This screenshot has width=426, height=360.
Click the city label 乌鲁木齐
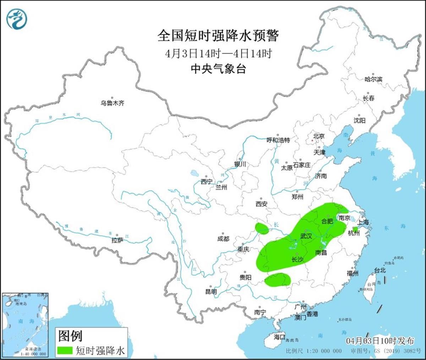112,103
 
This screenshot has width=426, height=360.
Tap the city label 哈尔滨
373,79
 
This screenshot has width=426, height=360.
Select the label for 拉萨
117,240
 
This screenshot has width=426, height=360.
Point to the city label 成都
223,239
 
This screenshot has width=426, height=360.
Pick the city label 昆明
211,292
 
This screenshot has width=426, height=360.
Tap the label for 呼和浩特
278,140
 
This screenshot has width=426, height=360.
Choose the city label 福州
353,273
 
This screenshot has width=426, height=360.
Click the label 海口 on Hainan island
279,336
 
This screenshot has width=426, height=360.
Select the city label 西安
261,204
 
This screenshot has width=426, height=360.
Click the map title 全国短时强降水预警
218,36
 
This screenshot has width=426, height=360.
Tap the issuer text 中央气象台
218,68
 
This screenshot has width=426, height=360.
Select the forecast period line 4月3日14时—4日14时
218,54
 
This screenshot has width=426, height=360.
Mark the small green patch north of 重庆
262,228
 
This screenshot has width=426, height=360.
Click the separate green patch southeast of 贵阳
278,279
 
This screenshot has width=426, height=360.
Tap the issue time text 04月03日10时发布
380,341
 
